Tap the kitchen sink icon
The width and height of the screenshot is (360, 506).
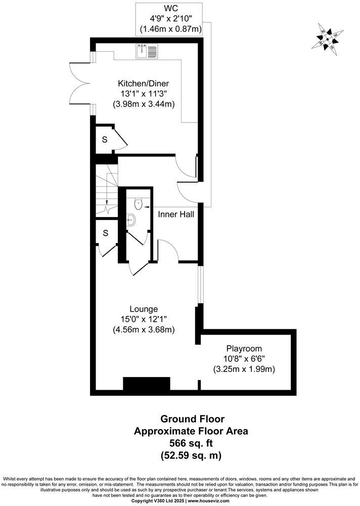point(147,51)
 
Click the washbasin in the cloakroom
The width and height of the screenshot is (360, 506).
point(130,220)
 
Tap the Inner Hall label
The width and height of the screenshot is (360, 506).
point(176,215)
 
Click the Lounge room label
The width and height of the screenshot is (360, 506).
point(144,309)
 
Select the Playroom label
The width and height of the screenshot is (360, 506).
point(244,349)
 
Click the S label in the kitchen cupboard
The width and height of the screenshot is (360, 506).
point(105,140)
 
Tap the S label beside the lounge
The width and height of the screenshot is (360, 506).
point(105,233)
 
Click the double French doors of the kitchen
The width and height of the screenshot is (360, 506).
point(81,85)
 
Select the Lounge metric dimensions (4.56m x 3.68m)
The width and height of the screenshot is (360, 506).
point(144,329)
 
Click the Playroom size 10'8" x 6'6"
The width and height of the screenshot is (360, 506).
point(244,359)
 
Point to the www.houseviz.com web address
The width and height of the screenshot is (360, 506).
point(208,501)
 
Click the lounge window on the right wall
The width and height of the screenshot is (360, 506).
point(200,284)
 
